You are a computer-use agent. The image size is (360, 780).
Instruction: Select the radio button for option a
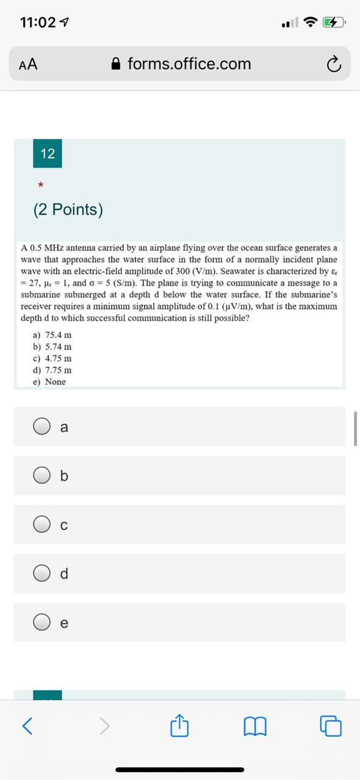click(x=42, y=427)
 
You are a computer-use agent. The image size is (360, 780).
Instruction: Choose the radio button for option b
click(x=42, y=475)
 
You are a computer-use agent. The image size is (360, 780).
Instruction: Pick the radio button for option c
click(x=42, y=524)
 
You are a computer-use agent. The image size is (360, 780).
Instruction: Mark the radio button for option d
click(x=42, y=573)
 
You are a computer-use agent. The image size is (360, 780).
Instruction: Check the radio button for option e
click(x=42, y=622)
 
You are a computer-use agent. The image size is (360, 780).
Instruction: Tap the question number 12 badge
click(x=48, y=154)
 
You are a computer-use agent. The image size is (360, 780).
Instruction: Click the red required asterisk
click(x=40, y=185)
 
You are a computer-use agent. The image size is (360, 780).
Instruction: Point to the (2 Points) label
click(x=68, y=210)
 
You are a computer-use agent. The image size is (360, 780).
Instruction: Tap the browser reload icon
click(x=333, y=64)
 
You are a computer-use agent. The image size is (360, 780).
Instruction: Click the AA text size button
click(x=28, y=64)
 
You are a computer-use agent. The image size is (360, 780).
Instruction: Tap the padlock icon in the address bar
click(x=116, y=64)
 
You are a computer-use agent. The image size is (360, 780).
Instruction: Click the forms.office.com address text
click(x=189, y=64)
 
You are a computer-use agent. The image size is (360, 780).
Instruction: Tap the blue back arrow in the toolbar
click(x=27, y=726)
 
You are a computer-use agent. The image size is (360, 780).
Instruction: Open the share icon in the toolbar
click(x=180, y=726)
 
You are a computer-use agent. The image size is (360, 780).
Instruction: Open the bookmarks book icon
click(x=255, y=726)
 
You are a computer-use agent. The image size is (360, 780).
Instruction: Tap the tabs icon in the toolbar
click(x=331, y=726)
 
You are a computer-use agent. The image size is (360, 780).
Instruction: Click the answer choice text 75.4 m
click(x=58, y=335)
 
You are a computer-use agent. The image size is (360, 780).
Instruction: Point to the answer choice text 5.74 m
click(x=58, y=347)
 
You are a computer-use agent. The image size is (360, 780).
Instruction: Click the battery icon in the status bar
click(x=334, y=23)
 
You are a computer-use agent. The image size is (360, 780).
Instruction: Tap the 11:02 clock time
click(x=38, y=23)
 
